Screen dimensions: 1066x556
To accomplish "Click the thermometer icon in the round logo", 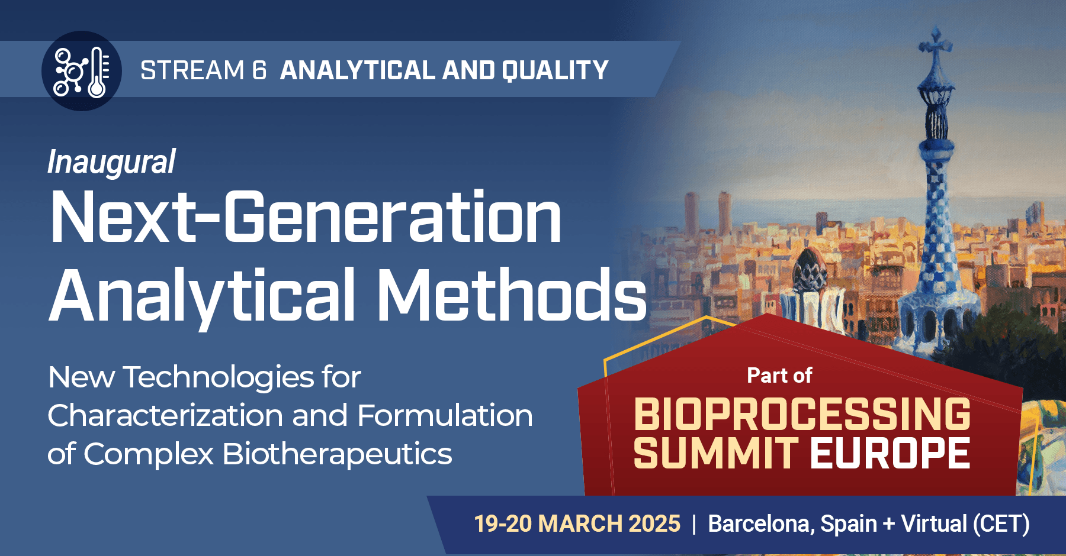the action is [x=98, y=72].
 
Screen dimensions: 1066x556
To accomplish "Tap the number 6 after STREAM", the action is [x=259, y=70].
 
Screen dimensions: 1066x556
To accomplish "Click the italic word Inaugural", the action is [x=111, y=162].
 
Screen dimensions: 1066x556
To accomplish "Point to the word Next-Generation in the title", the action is [x=306, y=217].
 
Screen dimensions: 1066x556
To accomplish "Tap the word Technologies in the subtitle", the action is [x=219, y=378].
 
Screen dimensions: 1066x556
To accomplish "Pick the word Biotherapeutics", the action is [x=337, y=455].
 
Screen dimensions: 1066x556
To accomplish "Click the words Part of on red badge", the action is [x=779, y=376].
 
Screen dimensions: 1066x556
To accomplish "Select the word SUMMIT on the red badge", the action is [x=716, y=453].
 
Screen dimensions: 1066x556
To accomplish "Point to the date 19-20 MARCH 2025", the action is [x=577, y=523].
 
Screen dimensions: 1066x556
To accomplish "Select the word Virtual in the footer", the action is [x=934, y=523].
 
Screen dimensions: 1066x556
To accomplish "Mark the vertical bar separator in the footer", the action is [x=694, y=524].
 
